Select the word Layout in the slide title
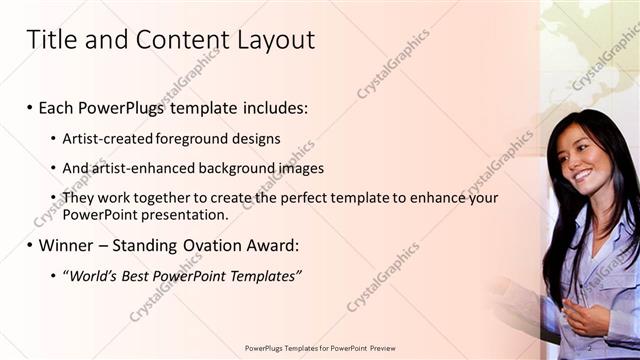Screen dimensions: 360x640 [x=275, y=40]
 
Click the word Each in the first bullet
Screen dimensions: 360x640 [x=58, y=107]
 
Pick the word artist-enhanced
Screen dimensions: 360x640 [x=141, y=168]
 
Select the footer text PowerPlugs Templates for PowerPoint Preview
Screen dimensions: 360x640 [x=320, y=347]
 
